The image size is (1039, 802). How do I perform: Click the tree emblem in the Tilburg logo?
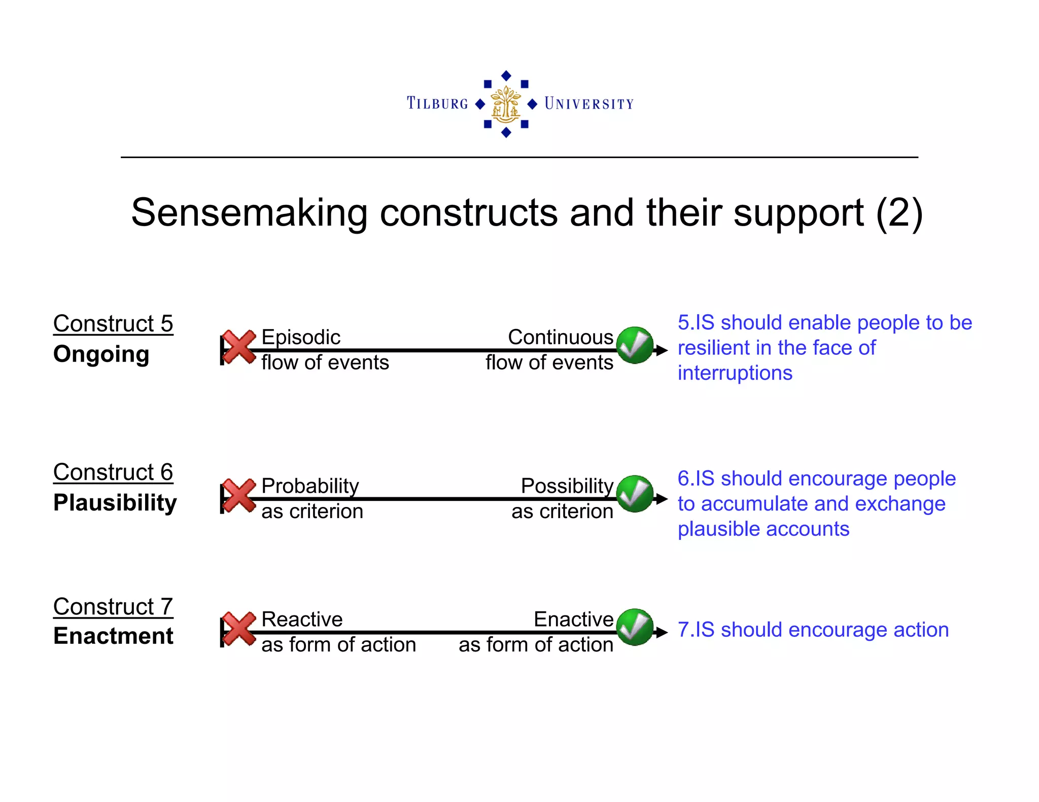[x=506, y=104]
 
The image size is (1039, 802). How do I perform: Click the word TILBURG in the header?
[x=437, y=103]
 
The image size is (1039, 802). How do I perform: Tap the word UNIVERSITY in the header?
[x=589, y=104]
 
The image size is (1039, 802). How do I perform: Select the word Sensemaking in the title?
[x=249, y=213]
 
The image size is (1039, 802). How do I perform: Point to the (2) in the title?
[x=898, y=213]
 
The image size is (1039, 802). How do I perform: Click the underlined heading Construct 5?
[x=113, y=323]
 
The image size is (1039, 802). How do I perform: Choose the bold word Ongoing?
[x=101, y=354]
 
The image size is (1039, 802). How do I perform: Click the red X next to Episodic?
[x=239, y=347]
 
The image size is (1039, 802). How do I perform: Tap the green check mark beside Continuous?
[x=635, y=345]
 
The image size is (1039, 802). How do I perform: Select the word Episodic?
[x=300, y=337]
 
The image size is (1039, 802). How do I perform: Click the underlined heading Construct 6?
[x=113, y=472]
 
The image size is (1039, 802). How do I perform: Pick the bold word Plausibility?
[x=115, y=502]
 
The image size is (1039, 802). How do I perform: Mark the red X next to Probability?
[x=239, y=495]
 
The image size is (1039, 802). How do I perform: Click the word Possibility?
[x=567, y=486]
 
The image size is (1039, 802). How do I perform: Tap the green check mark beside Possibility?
[x=635, y=494]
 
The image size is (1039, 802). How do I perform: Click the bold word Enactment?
[x=113, y=636]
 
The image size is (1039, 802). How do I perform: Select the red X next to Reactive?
[x=239, y=629]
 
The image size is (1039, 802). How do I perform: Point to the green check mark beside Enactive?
[x=635, y=627]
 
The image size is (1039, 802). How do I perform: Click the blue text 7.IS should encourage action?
[x=813, y=630]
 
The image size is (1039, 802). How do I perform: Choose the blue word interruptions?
[x=735, y=373]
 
